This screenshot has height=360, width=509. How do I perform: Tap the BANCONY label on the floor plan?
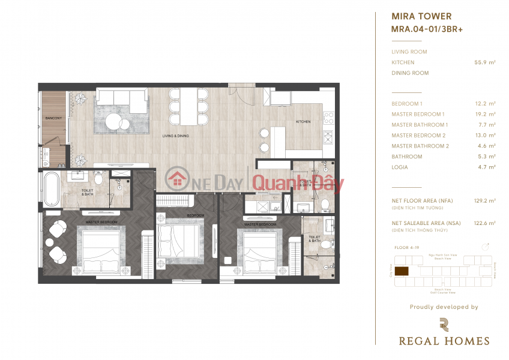pos(53,118)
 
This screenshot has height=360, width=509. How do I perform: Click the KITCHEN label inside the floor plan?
pos(303,122)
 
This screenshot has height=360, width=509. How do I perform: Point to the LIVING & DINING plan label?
pos(175,136)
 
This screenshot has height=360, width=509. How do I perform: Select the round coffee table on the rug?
pos(114,122)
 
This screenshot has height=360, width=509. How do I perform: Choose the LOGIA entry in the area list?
pos(400,167)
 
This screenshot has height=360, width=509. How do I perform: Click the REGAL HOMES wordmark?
pos(444,341)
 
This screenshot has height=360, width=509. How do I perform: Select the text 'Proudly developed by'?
pos(444,307)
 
